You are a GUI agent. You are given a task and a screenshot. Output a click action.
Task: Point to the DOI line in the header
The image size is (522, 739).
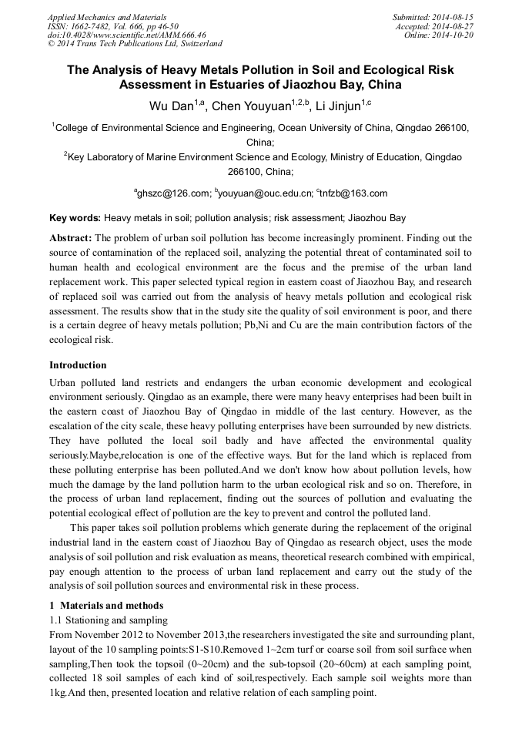126,35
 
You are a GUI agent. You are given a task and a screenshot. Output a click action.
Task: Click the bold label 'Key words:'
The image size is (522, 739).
75,219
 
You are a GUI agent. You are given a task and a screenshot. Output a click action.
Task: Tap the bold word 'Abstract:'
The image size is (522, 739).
70,238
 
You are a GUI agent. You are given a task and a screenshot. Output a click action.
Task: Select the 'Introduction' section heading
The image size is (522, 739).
78,364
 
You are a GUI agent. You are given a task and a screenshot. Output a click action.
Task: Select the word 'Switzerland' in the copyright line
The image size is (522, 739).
199,45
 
